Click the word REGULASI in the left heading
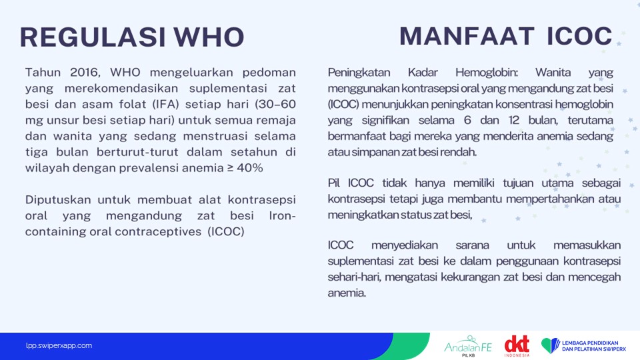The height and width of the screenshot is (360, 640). click(93, 37)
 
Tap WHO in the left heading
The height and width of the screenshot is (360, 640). click(209, 37)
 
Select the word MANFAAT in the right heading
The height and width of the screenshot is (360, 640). click(467, 36)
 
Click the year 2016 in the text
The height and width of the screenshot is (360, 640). click(85, 73)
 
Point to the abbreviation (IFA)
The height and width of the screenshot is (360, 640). click(166, 105)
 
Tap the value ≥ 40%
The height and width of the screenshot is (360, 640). click(245, 168)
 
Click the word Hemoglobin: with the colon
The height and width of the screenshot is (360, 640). click(487, 73)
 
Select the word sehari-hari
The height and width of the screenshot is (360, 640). click(354, 277)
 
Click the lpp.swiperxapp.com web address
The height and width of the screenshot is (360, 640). click(59, 346)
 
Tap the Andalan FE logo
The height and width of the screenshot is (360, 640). click(468, 346)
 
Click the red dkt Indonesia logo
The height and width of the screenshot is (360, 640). click(517, 346)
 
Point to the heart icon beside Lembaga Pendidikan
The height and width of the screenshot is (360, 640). click(551, 345)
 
